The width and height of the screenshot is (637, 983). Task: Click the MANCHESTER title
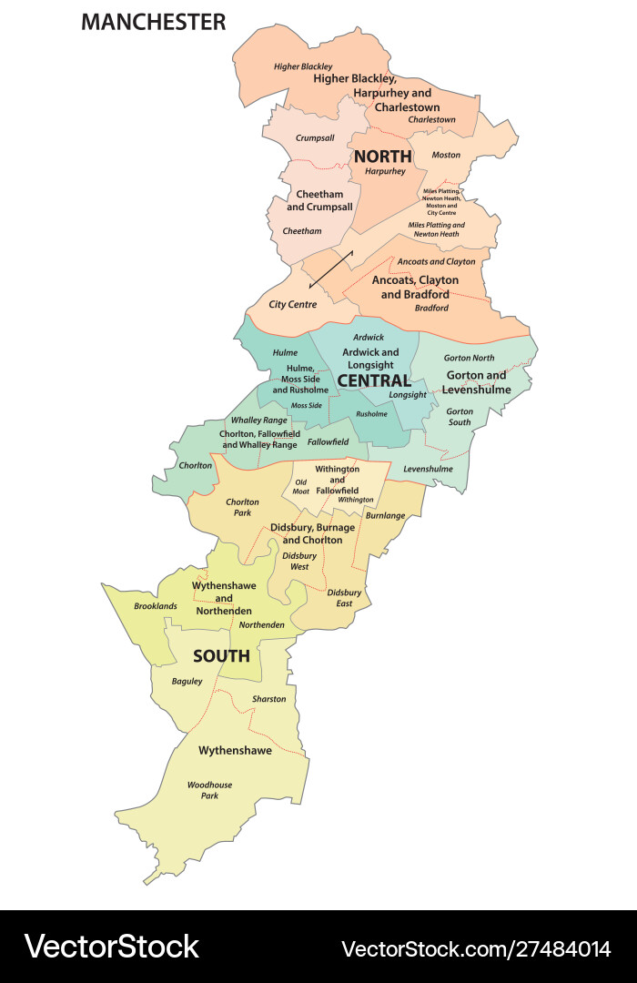pyautogui.click(x=153, y=22)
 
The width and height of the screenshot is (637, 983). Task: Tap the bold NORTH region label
pyautogui.click(x=383, y=156)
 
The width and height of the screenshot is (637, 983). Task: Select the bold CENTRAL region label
pyautogui.click(x=373, y=380)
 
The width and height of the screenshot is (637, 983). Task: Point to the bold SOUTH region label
pyautogui.click(x=221, y=655)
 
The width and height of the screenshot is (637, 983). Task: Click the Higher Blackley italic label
pyautogui.click(x=303, y=66)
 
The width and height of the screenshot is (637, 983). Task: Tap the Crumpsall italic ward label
pyautogui.click(x=315, y=137)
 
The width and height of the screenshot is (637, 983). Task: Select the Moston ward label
pyautogui.click(x=446, y=155)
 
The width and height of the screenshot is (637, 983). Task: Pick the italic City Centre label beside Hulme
pyautogui.click(x=293, y=304)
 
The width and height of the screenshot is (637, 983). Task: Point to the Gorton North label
pyautogui.click(x=469, y=358)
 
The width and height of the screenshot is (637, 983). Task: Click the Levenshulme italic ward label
pyautogui.click(x=428, y=469)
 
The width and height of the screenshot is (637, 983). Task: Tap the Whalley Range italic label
pyautogui.click(x=258, y=421)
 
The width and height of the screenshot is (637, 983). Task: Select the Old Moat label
pyautogui.click(x=301, y=486)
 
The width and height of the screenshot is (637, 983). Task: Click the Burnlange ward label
pyautogui.click(x=385, y=515)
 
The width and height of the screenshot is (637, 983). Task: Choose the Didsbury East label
pyautogui.click(x=344, y=597)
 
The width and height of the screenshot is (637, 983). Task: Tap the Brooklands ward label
pyautogui.click(x=156, y=605)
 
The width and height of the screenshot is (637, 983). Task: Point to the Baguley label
pyautogui.click(x=187, y=681)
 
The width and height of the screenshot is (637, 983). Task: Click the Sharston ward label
pyautogui.click(x=268, y=699)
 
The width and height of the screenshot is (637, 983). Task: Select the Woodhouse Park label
pyautogui.click(x=210, y=790)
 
